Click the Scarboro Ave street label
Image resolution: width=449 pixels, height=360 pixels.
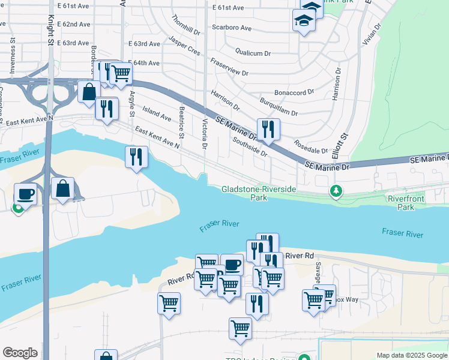click(231, 28)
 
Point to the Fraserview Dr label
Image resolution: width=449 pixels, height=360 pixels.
click(229, 67)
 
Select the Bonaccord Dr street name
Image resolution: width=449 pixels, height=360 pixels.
click(294, 92)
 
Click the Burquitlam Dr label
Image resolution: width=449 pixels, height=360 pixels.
click(279, 106)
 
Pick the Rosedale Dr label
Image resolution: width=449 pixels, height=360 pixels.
click(311, 146)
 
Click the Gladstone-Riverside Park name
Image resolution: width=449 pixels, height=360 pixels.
click(259, 193)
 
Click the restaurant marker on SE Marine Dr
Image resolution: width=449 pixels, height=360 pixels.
click(268, 129)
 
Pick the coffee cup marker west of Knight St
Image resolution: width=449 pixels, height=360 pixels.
click(25, 194)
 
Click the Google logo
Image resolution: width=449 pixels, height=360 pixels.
click(20, 353)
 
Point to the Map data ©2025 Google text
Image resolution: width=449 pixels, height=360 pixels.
click(411, 355)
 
